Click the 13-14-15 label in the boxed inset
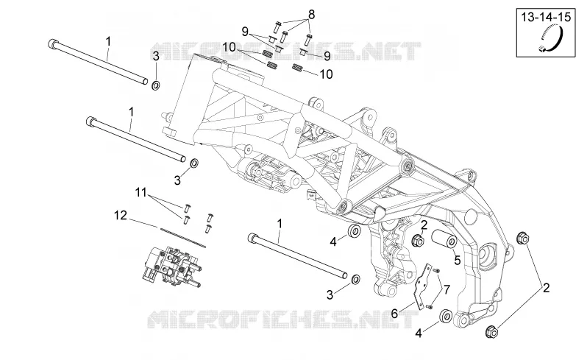pos(547,17)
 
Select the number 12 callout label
pos(121,216)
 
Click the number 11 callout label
pos(140,193)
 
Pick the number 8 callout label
pos(311,14)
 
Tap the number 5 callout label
pos(457,260)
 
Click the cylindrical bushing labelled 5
pos(444,239)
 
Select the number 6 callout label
pos(394,313)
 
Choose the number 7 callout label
pos(447,290)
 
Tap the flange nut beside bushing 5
pos(417,240)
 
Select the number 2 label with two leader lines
pos(547,288)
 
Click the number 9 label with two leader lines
pos(245,32)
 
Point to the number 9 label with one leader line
pos(327,56)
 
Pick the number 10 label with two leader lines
pos(229,48)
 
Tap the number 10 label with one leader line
pos(326,74)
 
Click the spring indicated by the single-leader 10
pos(297,68)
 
